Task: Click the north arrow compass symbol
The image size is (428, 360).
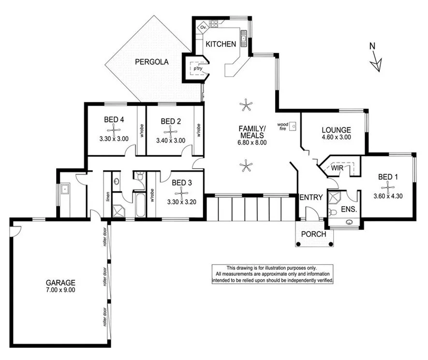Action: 375,61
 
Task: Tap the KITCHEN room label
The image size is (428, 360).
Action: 221,44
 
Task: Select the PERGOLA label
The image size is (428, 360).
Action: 151,62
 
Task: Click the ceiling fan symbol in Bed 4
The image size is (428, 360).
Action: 114,130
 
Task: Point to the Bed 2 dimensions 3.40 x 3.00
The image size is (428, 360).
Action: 170,141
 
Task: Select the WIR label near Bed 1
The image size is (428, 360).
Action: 337,168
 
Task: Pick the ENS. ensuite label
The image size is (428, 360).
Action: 349,209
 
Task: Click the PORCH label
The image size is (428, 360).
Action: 314,234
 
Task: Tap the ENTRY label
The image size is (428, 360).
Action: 311,197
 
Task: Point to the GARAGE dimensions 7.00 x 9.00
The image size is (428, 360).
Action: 60,290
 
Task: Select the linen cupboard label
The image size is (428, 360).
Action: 107,197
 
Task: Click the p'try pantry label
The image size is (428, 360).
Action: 197,69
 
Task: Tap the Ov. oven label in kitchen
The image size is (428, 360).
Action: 203,28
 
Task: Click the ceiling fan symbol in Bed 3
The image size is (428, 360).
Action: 181,192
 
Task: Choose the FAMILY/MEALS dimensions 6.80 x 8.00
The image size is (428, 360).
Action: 252,143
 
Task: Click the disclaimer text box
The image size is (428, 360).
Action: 273,274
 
